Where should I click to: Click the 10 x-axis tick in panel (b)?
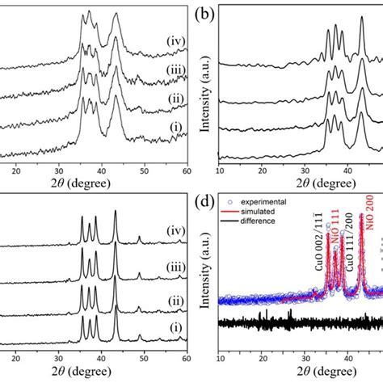(220, 171)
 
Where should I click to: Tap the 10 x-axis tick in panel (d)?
(220, 362)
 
